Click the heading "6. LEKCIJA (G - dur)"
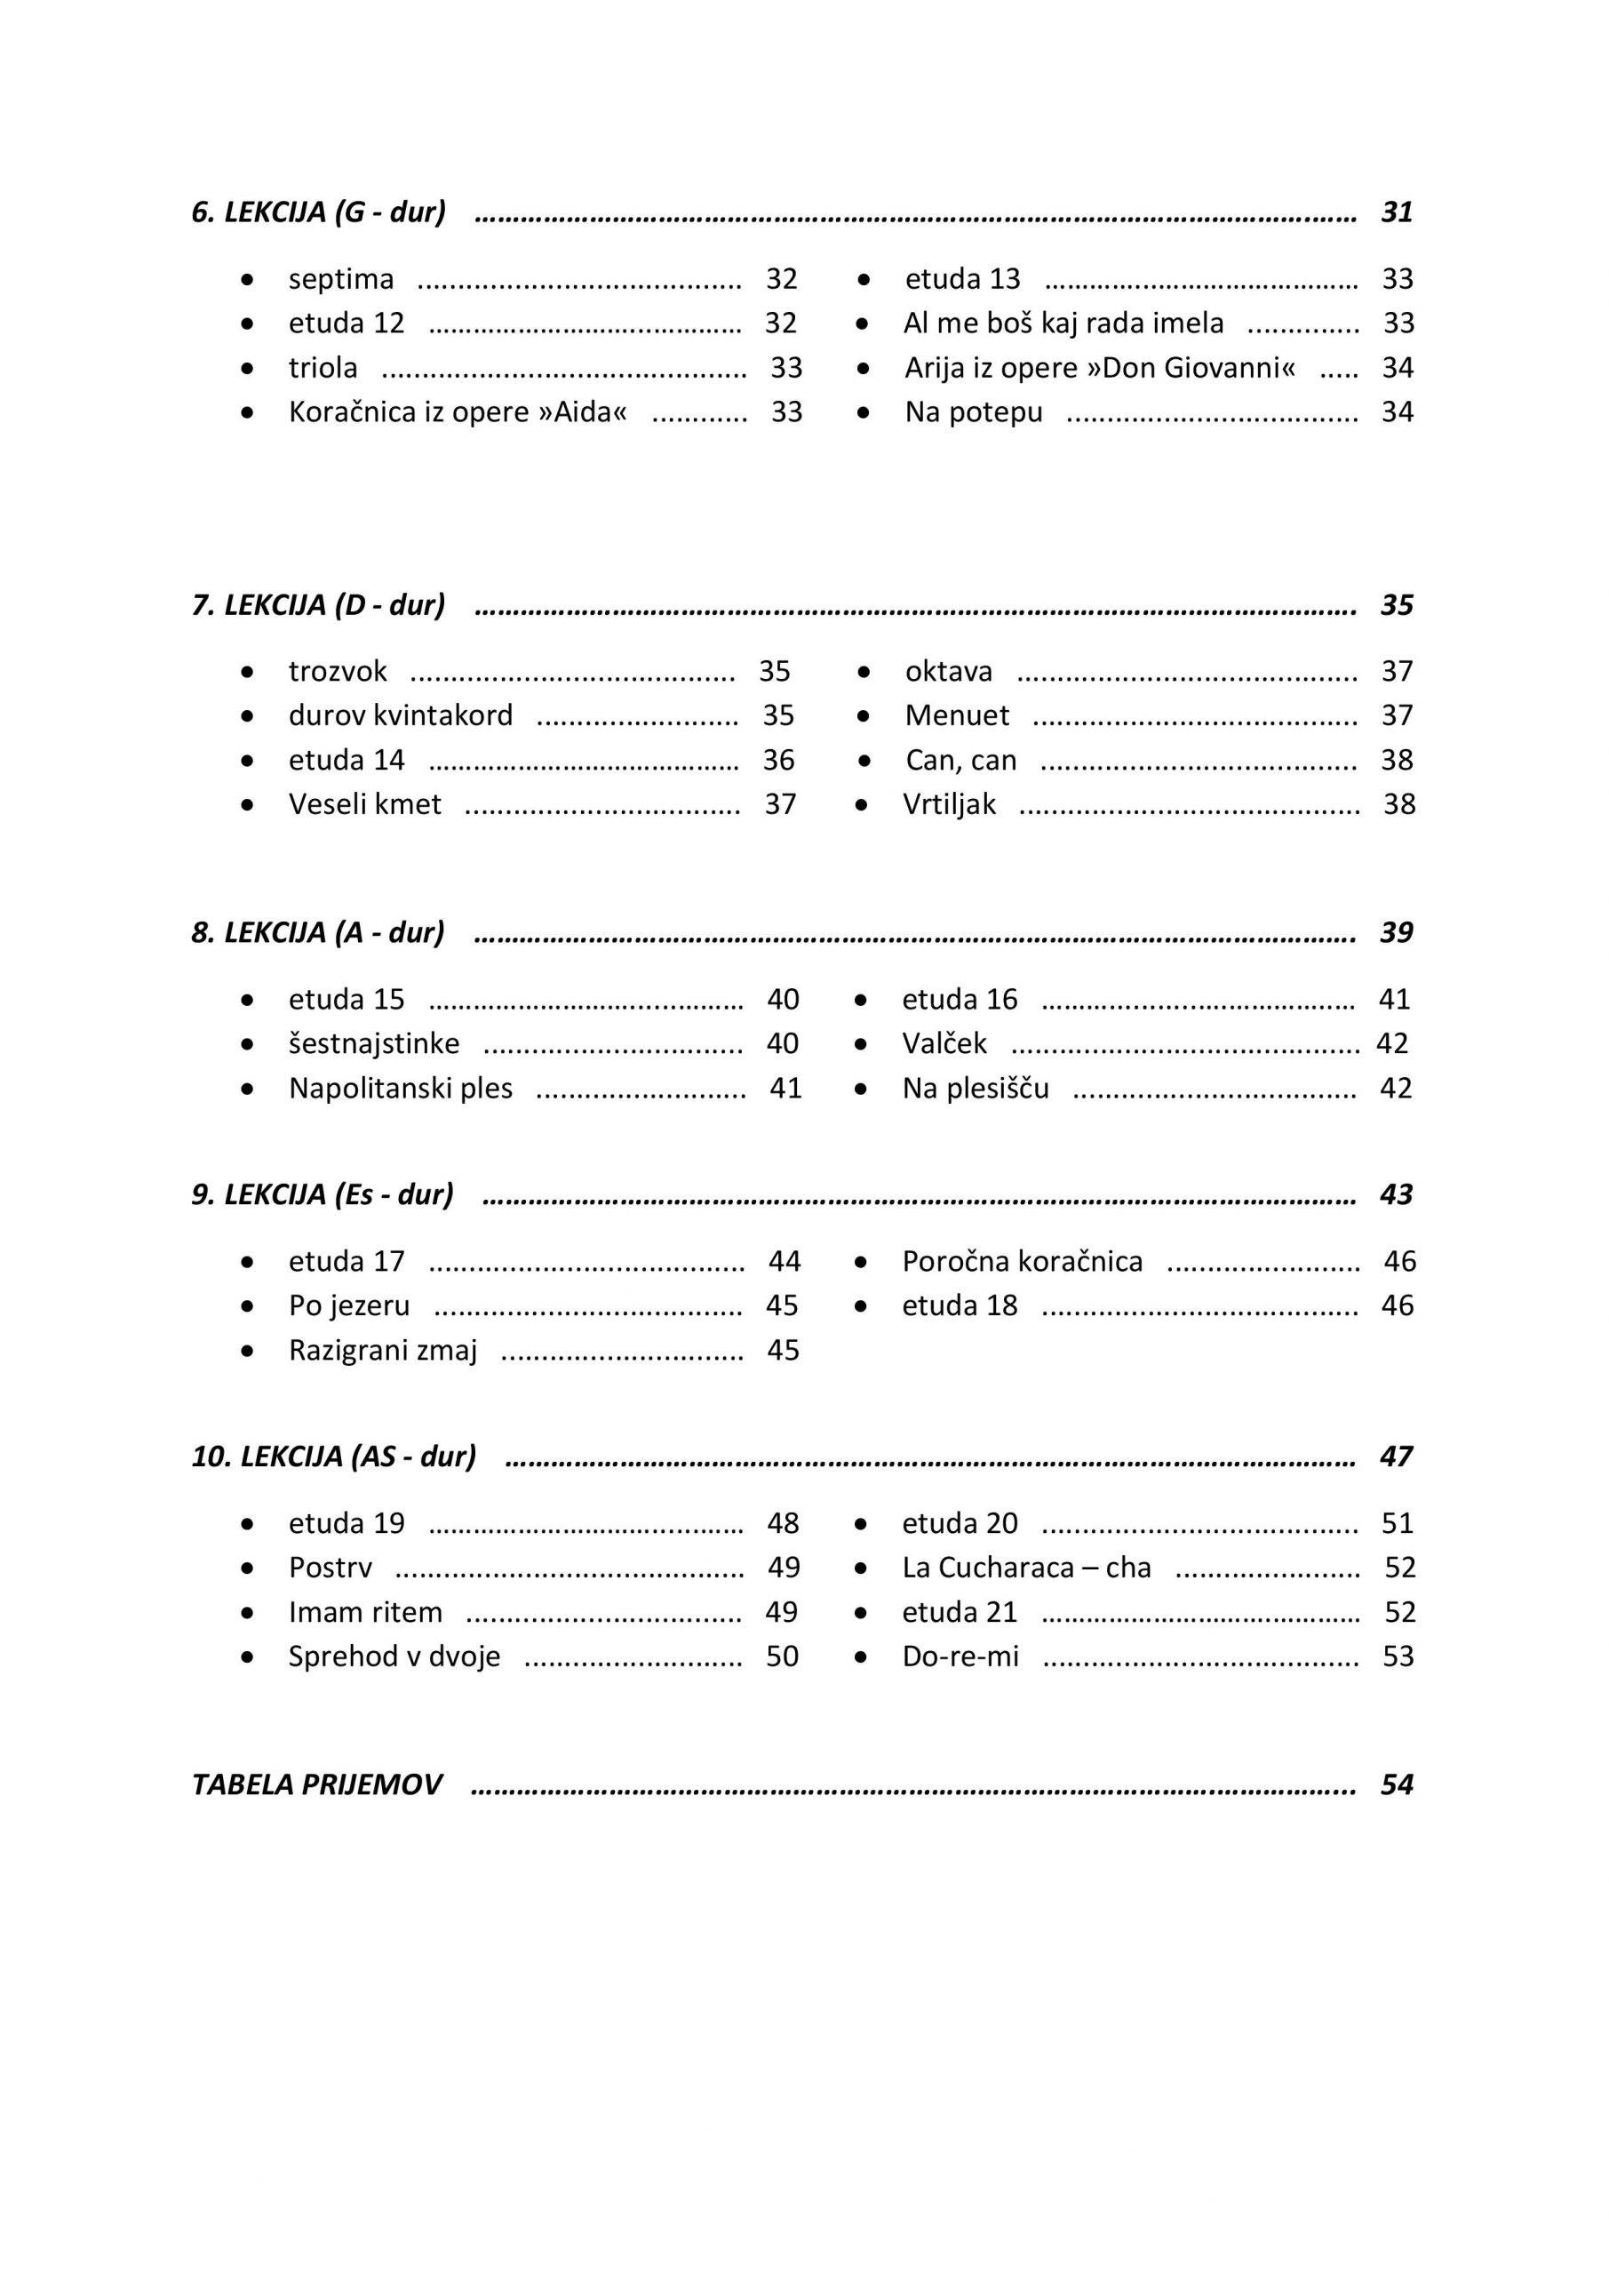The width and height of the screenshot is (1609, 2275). coord(318,212)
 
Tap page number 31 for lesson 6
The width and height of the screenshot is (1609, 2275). coord(1397,212)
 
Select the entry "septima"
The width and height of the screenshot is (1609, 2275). coord(341,279)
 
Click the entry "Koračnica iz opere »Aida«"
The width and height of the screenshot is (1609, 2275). coord(458,412)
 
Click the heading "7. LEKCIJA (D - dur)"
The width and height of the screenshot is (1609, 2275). coord(318,605)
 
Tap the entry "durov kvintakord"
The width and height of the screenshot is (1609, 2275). coord(401,715)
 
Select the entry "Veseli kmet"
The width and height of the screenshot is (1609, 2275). coord(364,804)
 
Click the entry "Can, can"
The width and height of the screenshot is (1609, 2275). coord(960,760)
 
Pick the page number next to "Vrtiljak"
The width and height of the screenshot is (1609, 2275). coord(1399,804)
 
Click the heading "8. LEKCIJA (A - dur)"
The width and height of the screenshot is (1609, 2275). coord(318,933)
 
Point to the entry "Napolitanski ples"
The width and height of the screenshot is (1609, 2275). coord(401,1089)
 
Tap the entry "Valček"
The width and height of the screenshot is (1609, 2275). coord(944,1044)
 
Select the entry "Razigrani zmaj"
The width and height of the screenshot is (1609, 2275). coord(382,1351)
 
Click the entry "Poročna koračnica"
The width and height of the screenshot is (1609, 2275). coord(1022,1261)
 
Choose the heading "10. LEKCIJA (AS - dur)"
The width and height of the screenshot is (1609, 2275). coord(334,1457)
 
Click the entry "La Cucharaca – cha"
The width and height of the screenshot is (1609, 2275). coord(1026,1568)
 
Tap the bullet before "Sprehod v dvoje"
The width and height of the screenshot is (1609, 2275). coord(248,1656)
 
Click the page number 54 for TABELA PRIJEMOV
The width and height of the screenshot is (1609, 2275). coord(1397,1785)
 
